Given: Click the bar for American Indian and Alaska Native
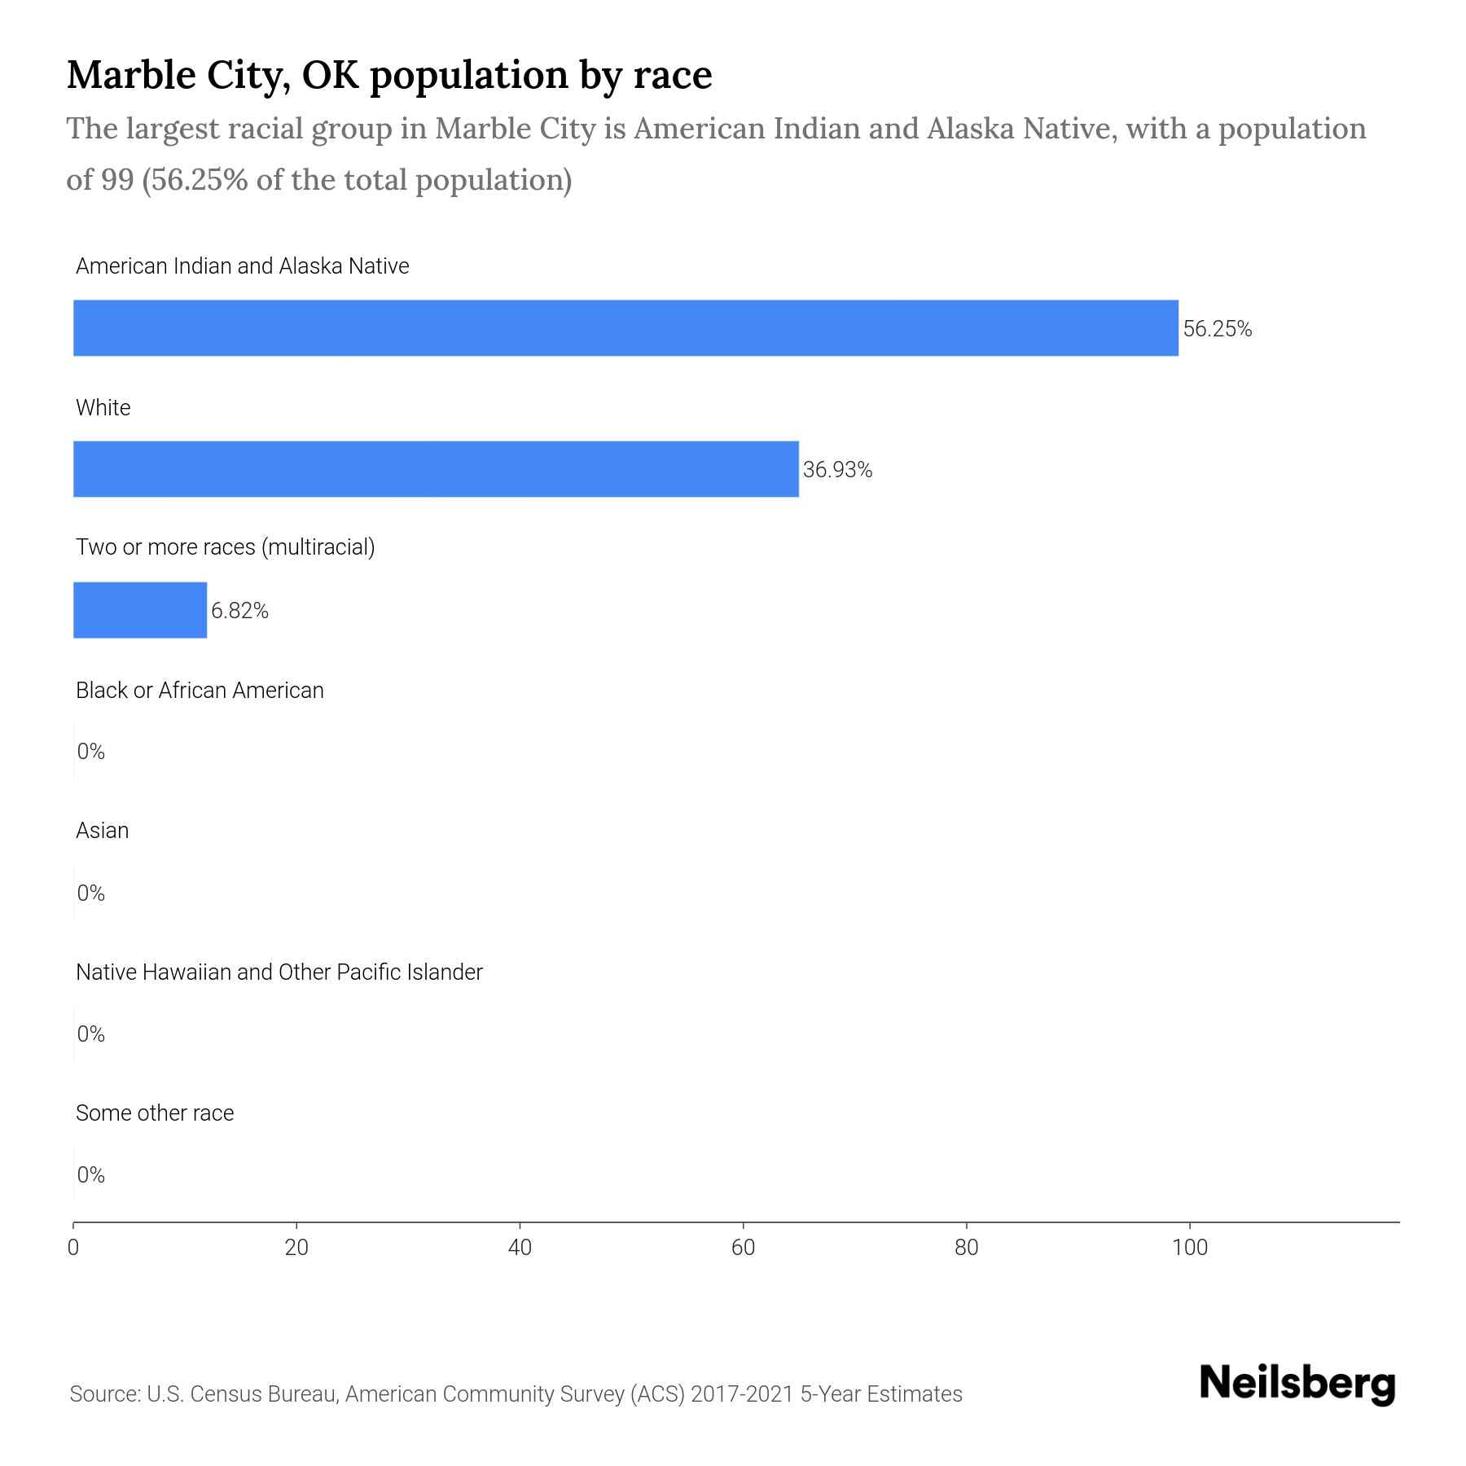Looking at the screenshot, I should click(625, 327).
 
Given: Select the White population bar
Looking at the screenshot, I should click(436, 469).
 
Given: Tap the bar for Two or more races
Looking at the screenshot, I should click(140, 610).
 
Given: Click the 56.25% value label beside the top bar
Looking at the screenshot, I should click(1217, 329).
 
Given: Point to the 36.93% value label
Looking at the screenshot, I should click(837, 470).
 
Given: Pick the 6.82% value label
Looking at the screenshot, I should click(239, 611).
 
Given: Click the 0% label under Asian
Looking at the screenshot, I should click(91, 893).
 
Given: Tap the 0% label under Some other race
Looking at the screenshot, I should click(91, 1174).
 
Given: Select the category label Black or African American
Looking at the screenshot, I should click(200, 691).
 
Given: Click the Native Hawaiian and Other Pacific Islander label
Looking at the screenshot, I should click(279, 972).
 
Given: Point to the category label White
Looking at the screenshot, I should click(103, 407).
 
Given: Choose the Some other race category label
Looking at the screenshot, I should click(155, 1113).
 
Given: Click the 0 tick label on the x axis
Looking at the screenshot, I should click(73, 1247).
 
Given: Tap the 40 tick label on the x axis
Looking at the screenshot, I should click(520, 1247).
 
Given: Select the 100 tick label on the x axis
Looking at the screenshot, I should click(1190, 1247).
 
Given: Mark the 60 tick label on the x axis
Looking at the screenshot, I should click(743, 1247).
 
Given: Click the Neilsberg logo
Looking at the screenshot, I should click(1297, 1384).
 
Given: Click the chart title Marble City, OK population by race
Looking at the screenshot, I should click(389, 74).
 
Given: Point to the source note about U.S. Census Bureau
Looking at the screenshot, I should click(516, 1394).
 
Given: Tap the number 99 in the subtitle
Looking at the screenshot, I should click(117, 179).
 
